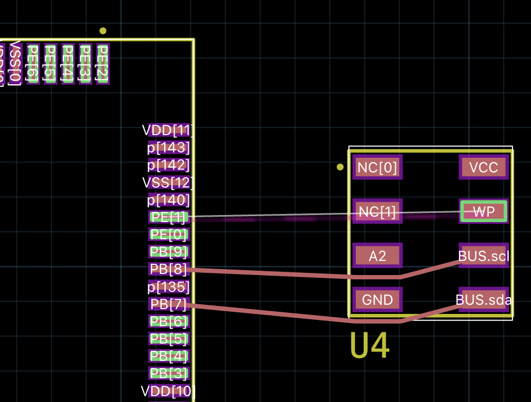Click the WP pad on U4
coord(483,212)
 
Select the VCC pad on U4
coord(483,167)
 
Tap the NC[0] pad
coord(377,167)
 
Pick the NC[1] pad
coord(377,212)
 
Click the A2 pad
coord(377,256)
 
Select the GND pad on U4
coord(377,300)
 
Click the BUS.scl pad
coord(483,256)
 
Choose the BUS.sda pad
coord(483,300)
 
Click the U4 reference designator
coord(369,346)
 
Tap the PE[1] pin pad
coord(169,217)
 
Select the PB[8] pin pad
coord(169,269)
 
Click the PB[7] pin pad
coord(169,304)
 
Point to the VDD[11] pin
coord(169,130)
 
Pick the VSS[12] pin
coord(169,183)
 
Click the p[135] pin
coord(169,287)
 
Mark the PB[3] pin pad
coord(169,373)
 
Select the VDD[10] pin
coord(169,391)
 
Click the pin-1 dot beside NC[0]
coord(340,167)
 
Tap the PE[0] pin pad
coord(169,234)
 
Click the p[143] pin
coord(169,148)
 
